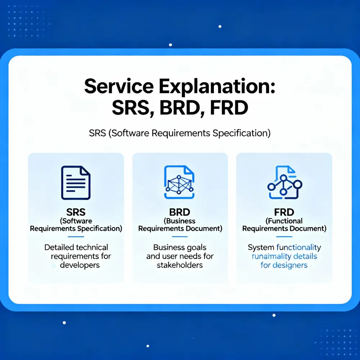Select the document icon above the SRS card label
click(76, 183)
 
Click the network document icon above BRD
click(179, 182)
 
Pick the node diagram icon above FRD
click(284, 183)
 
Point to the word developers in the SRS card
click(80, 265)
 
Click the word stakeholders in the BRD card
click(180, 265)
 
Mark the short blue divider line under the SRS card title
click(76, 237)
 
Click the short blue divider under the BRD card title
click(180, 237)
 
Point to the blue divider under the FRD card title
click(284, 237)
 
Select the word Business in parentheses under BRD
click(181, 221)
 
